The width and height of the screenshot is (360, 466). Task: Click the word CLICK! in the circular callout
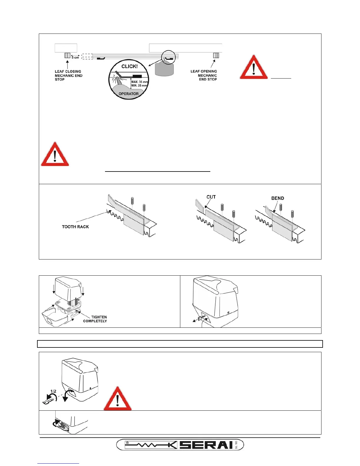pyautogui.click(x=129, y=66)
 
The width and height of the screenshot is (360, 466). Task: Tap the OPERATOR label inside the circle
pyautogui.click(x=129, y=94)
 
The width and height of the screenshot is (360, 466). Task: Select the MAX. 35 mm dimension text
pyautogui.click(x=139, y=82)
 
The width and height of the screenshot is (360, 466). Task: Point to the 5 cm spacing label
pyautogui.click(x=75, y=58)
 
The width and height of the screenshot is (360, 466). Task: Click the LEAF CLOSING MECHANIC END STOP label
pyautogui.click(x=68, y=75)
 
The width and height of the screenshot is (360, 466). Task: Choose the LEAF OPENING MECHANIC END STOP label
pyautogui.click(x=204, y=75)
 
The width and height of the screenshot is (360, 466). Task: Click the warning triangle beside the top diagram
pyautogui.click(x=254, y=67)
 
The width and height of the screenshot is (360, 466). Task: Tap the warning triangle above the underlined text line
pyautogui.click(x=55, y=154)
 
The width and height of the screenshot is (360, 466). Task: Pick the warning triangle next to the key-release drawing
pyautogui.click(x=118, y=399)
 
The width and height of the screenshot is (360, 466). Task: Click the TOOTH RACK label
pyautogui.click(x=75, y=227)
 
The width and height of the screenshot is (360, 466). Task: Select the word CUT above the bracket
pyautogui.click(x=211, y=197)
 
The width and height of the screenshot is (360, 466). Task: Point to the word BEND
pyautogui.click(x=278, y=198)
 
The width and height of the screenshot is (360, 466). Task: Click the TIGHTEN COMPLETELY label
pyautogui.click(x=95, y=319)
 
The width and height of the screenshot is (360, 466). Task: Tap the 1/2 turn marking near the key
pyautogui.click(x=53, y=391)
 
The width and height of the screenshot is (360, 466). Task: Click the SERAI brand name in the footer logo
pyautogui.click(x=206, y=445)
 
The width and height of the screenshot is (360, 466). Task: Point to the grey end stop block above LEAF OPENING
pyautogui.click(x=216, y=55)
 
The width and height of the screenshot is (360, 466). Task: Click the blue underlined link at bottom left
pyautogui.click(x=58, y=463)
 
